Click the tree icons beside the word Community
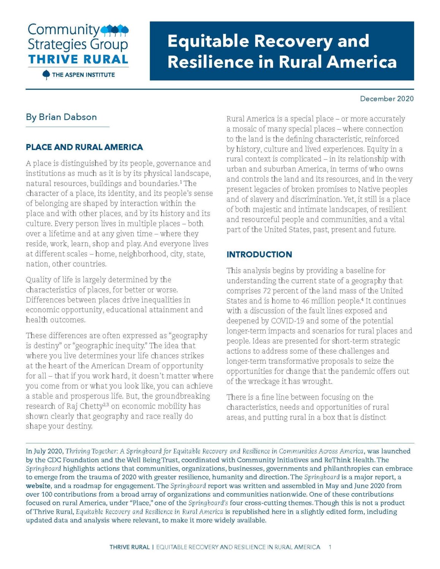click(115, 30)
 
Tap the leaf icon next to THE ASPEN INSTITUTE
click(46, 75)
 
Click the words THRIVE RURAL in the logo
click(78, 60)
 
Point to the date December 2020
click(386, 99)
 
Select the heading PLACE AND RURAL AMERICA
click(84, 147)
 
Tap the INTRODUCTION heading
click(259, 255)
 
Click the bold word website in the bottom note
click(38, 486)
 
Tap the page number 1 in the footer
click(330, 547)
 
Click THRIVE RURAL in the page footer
click(129, 547)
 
